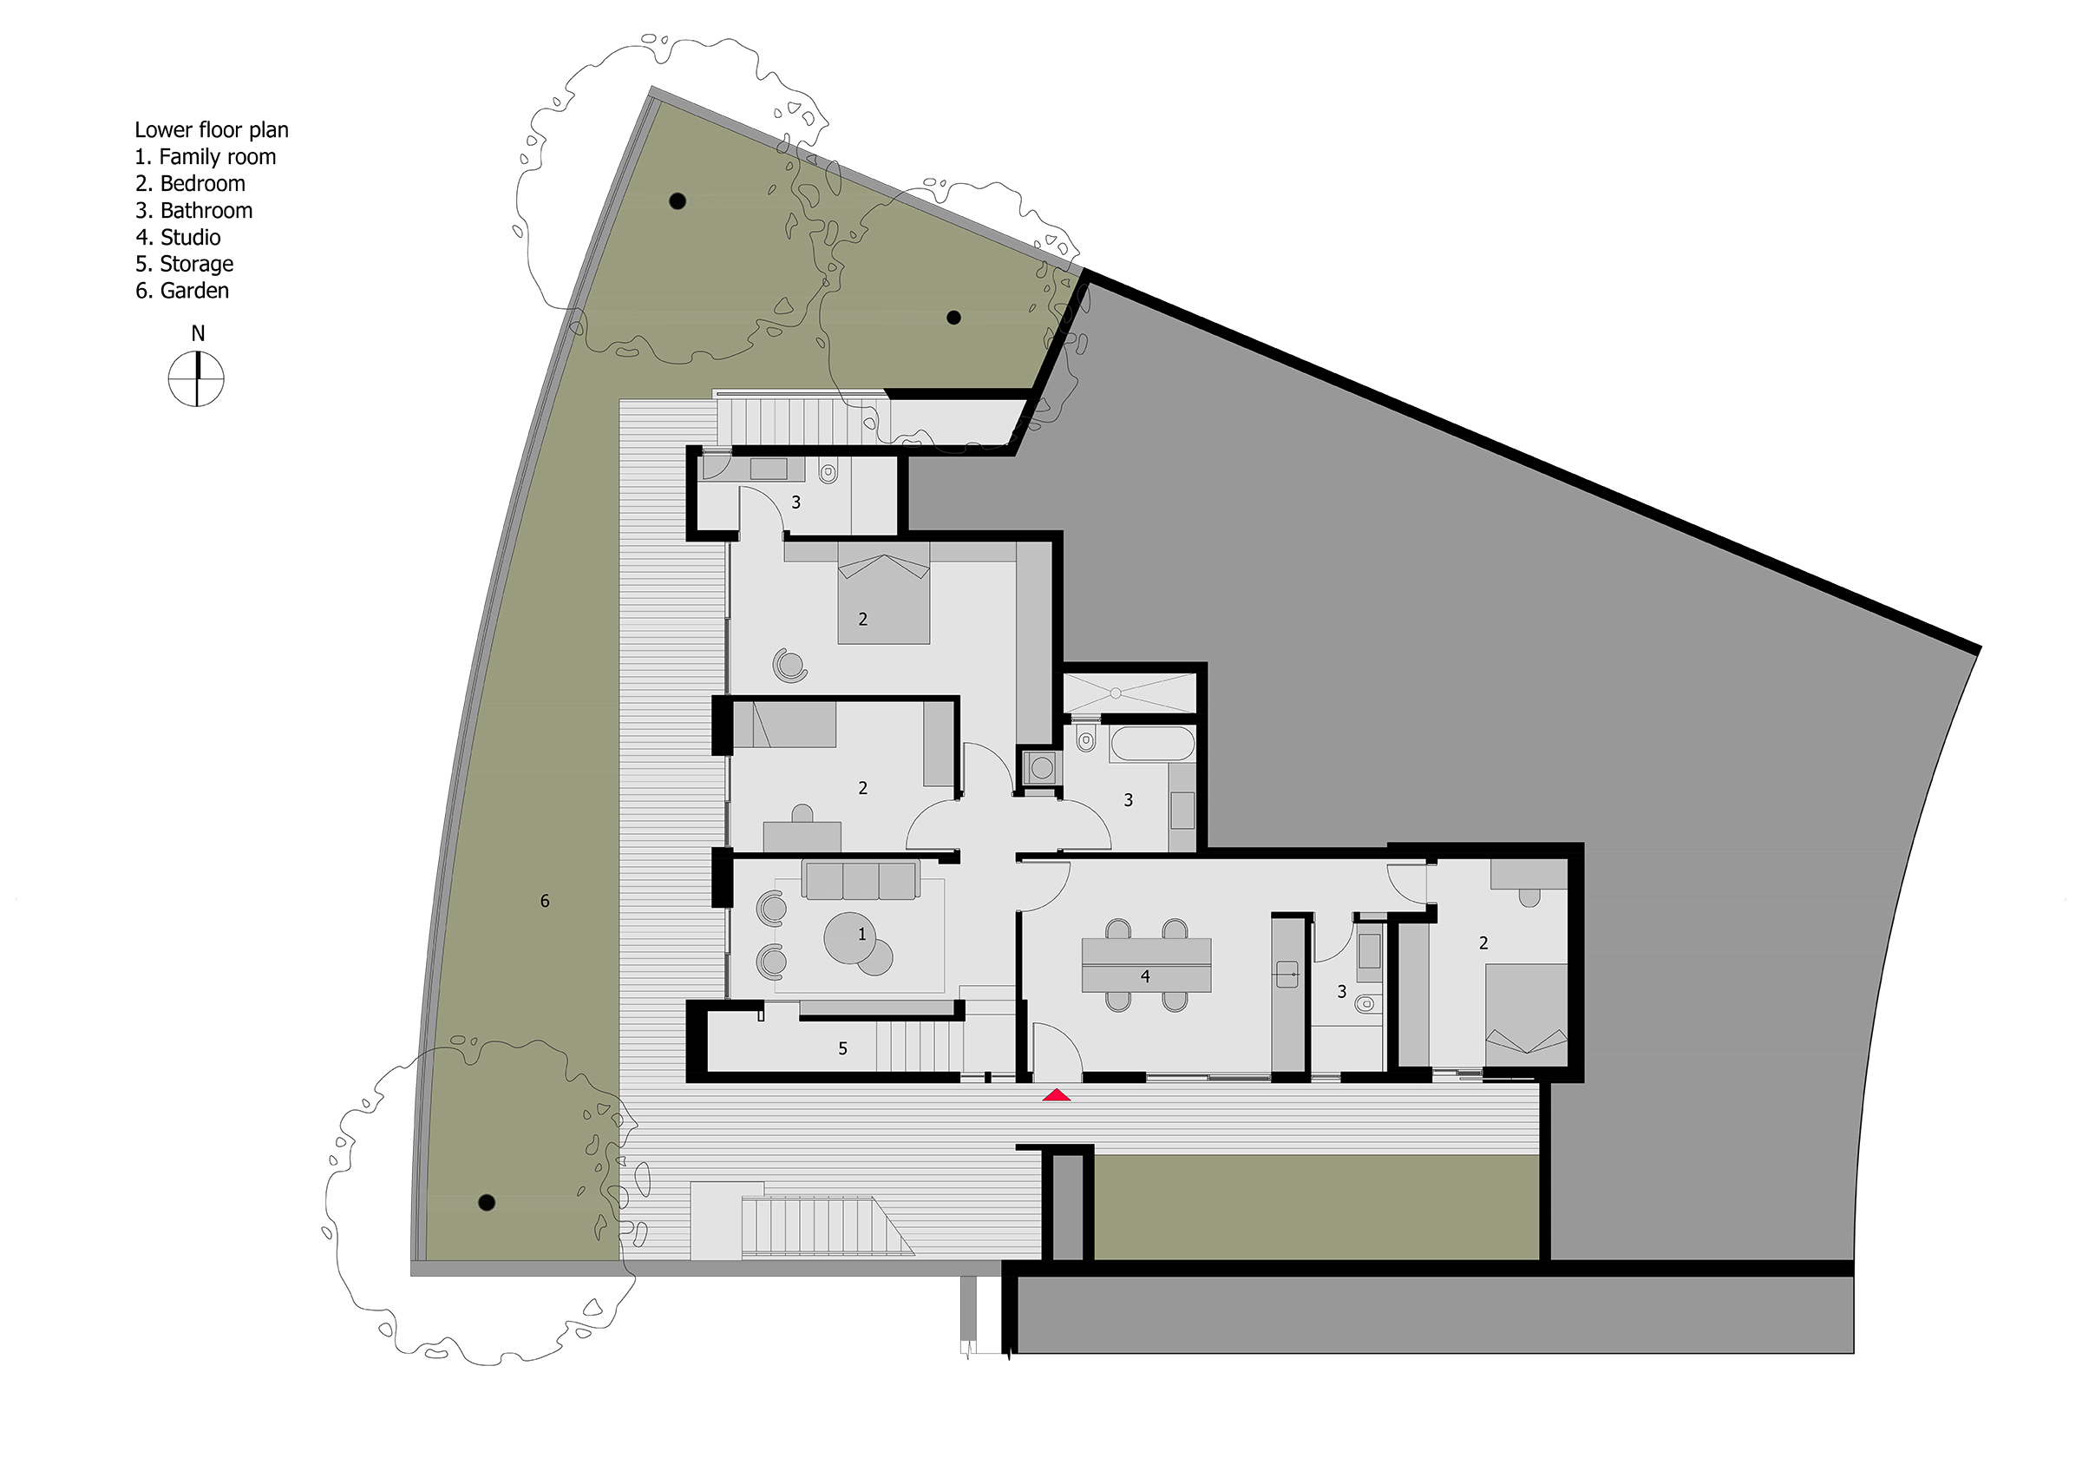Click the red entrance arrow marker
1057,1095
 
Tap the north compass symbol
196,379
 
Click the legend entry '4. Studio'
178,238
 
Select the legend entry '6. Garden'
182,291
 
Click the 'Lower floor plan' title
212,130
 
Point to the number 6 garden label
545,901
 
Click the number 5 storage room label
842,1048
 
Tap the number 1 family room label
861,933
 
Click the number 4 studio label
1145,975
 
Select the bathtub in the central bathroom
1152,744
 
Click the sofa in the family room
861,880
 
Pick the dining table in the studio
1146,965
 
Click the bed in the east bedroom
1526,1015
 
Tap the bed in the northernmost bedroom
883,593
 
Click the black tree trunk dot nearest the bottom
486,1204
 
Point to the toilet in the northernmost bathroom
827,472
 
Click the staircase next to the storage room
920,1047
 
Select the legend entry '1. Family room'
206,157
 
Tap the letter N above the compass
198,334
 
